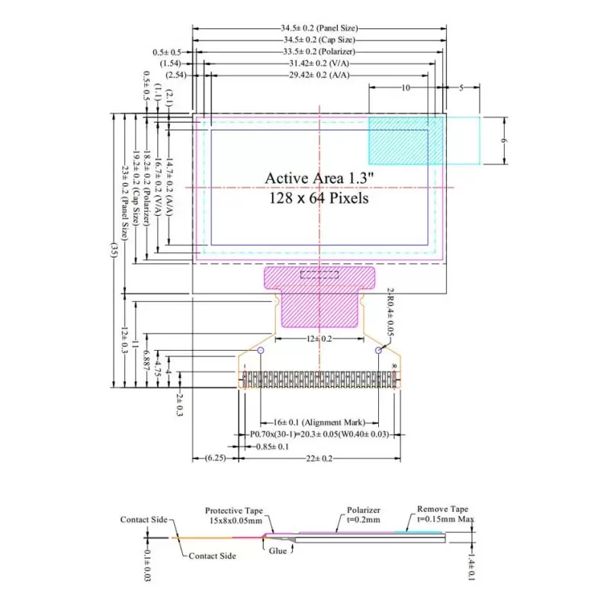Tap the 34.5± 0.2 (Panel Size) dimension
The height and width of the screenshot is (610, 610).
(319, 27)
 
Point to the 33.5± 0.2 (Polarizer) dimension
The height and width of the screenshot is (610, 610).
(319, 51)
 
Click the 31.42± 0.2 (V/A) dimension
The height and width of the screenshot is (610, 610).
(319, 63)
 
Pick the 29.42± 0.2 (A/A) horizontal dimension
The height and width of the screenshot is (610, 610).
(319, 75)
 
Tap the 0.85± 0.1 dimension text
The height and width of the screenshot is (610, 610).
(271, 446)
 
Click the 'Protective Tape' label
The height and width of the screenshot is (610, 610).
(233, 511)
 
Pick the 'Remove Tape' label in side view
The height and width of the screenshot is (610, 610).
(442, 509)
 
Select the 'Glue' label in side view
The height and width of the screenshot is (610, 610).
(279, 551)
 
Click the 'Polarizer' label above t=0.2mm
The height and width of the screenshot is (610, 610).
(363, 510)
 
